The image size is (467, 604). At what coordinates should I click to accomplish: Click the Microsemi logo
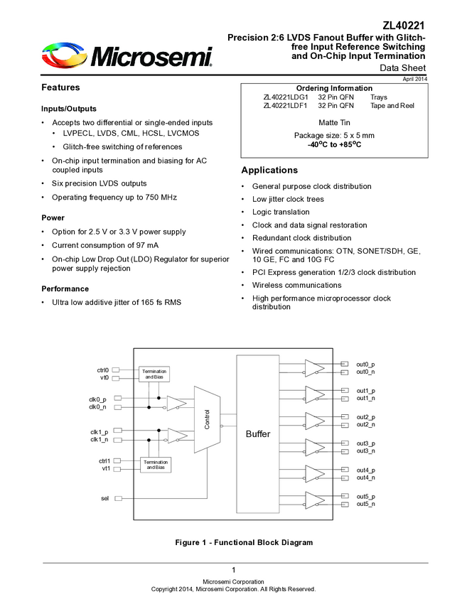[127, 55]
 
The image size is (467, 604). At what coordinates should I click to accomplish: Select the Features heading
[60, 87]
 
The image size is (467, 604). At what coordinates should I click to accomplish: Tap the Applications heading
[269, 171]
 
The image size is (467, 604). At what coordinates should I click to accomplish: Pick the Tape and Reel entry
[392, 106]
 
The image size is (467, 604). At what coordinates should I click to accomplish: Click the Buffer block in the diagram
[257, 433]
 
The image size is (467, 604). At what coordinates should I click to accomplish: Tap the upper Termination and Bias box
[155, 373]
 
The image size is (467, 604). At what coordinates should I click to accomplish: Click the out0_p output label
[365, 364]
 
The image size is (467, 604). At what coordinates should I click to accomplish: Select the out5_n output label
[365, 504]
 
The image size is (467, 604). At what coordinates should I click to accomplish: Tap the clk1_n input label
[99, 439]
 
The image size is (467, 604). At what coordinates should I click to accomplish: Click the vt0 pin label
[104, 377]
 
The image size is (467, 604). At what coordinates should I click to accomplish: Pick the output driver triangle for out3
[314, 447]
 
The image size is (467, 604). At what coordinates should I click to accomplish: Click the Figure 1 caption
[244, 543]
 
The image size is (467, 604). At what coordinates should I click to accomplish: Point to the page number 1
[233, 571]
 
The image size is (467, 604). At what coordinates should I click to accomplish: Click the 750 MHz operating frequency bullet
[114, 197]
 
